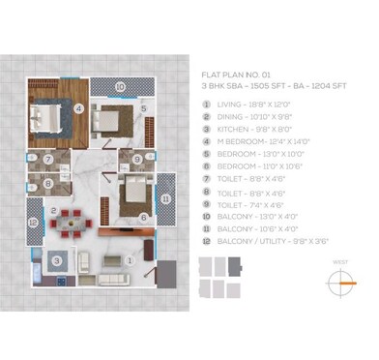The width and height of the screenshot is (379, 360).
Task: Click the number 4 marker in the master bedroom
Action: (x=79, y=108)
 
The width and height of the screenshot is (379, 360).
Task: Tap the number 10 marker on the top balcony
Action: (x=120, y=86)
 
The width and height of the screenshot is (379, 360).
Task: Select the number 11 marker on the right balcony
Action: (x=165, y=199)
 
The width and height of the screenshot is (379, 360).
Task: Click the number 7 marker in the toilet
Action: (x=47, y=159)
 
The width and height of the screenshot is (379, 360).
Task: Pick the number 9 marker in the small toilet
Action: (x=138, y=160)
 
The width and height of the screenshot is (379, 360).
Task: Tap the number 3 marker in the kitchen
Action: (x=58, y=260)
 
